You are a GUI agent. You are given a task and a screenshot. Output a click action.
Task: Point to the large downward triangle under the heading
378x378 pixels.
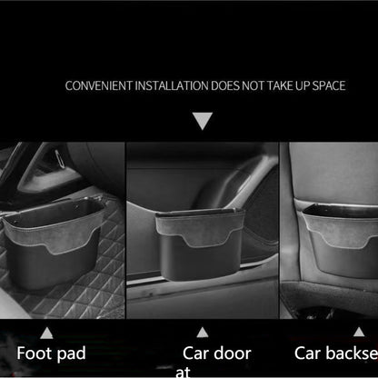pos(202,121)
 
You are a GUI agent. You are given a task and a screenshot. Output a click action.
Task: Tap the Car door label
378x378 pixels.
pos(215,353)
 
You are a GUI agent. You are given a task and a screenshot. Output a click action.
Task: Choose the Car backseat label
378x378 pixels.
pos(335,353)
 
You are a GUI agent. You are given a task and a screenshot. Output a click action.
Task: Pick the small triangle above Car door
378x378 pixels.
pos(203,332)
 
